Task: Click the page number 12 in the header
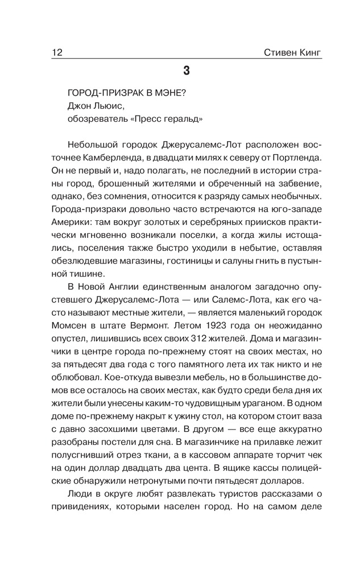tap(56, 53)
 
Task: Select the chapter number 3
tap(187, 71)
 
